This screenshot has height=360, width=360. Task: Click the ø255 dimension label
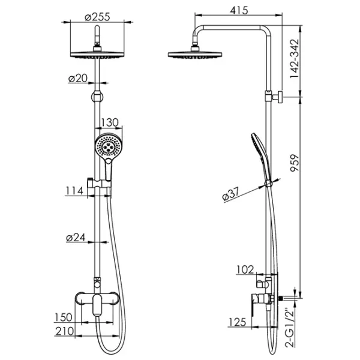pyautogui.click(x=97, y=17)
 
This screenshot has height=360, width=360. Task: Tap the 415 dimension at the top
pyautogui.click(x=239, y=10)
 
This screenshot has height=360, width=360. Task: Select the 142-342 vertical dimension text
pyautogui.click(x=295, y=59)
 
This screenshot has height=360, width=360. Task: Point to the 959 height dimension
pyautogui.click(x=295, y=163)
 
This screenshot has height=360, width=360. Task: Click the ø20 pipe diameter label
pyautogui.click(x=78, y=79)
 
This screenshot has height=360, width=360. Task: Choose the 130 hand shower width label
pyautogui.click(x=110, y=122)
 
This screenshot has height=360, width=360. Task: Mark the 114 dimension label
pyautogui.click(x=74, y=191)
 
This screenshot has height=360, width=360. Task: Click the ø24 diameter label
pyautogui.click(x=76, y=238)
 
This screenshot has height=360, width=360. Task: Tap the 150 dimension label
pyautogui.click(x=64, y=317)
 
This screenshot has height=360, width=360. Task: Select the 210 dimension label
pyautogui.click(x=65, y=331)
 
